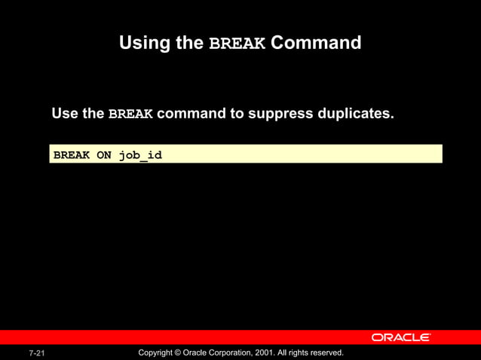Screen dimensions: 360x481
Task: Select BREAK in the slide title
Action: click(237, 44)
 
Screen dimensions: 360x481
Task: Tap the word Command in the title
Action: click(316, 43)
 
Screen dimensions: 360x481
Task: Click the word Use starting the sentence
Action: click(66, 114)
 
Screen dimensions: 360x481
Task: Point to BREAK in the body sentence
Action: click(130, 114)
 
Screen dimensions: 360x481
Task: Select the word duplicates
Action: click(356, 114)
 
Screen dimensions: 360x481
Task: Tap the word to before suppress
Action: click(237, 114)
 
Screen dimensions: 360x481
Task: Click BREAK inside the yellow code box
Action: click(72, 155)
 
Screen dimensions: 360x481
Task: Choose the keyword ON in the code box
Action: click(104, 155)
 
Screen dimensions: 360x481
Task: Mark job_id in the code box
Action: click(140, 156)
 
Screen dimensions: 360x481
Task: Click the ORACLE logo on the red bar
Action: click(400, 337)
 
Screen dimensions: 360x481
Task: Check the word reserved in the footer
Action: click(325, 352)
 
